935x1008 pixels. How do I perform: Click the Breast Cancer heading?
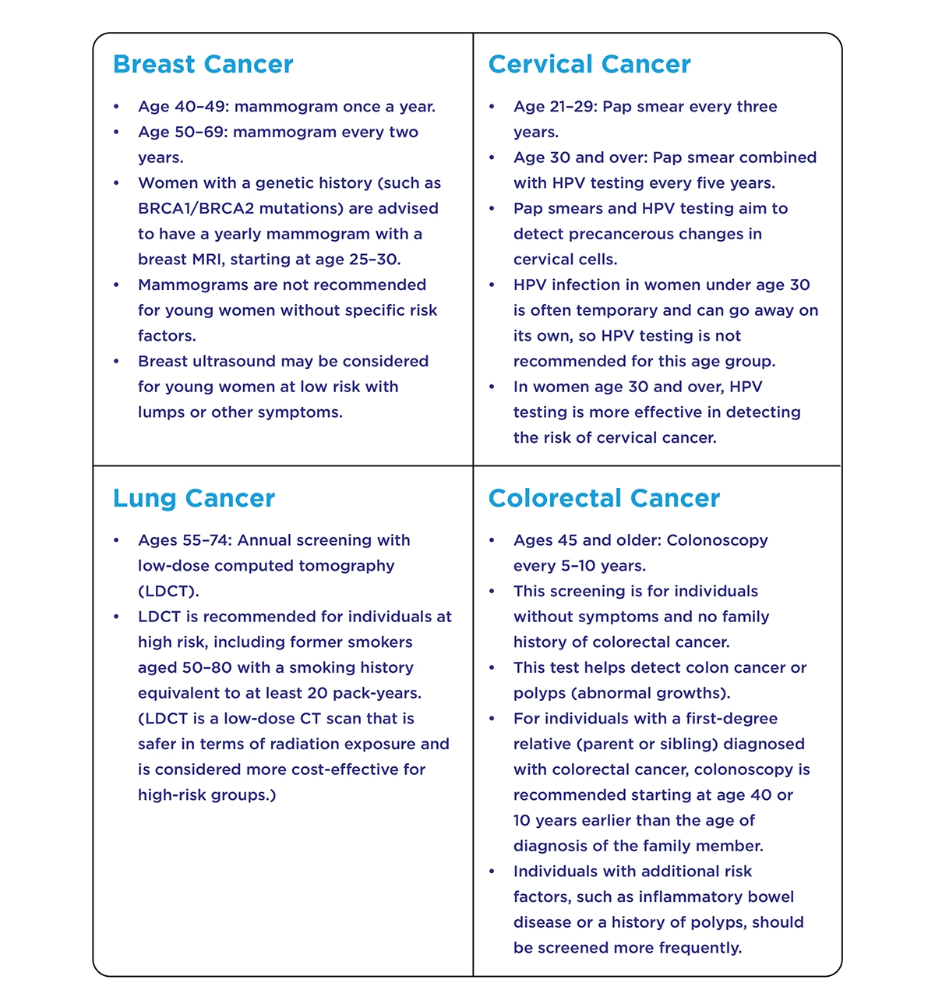(203, 64)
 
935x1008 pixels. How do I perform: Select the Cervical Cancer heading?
(589, 64)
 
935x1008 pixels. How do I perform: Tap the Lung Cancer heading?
(193, 498)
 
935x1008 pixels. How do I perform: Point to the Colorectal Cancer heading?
(604, 498)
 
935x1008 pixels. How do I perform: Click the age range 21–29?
(574, 107)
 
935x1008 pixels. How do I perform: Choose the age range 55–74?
(206, 540)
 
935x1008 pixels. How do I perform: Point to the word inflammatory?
(694, 897)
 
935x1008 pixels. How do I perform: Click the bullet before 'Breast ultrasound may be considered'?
(116, 362)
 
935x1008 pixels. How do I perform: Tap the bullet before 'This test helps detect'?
(492, 668)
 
